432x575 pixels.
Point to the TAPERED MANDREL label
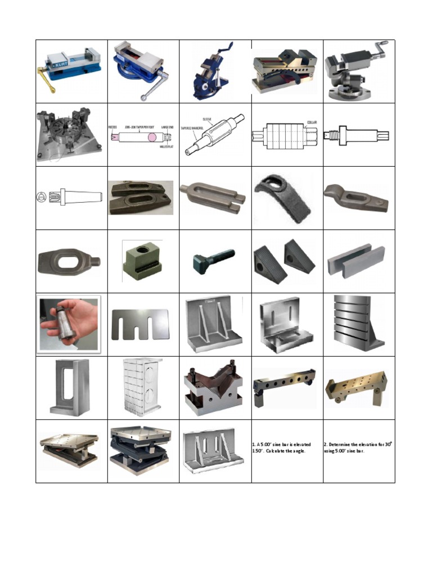coord(192,128)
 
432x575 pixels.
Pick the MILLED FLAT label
coord(167,147)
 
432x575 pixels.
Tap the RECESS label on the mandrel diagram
coord(113,127)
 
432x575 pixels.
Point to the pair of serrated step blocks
coord(287,258)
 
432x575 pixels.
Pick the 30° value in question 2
coord(388,444)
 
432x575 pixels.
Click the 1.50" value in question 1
coord(258,451)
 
